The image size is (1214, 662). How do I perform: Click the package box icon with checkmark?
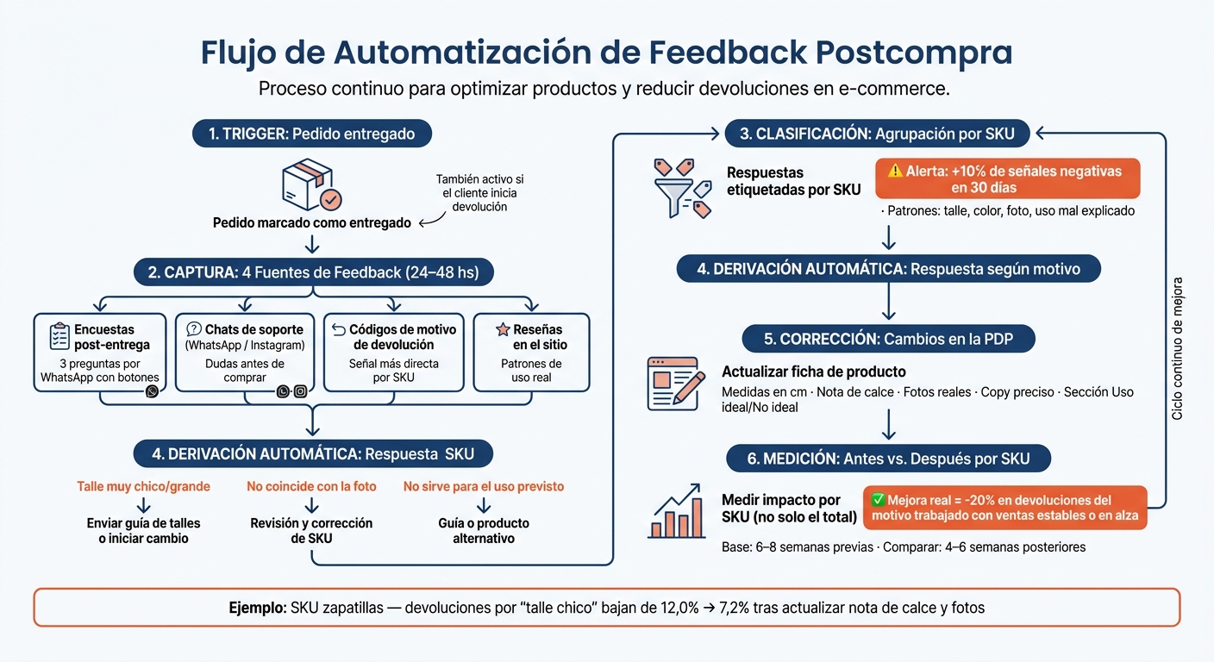311,184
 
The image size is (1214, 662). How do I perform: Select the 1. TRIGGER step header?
312,134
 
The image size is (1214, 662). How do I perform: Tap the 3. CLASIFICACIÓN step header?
877,134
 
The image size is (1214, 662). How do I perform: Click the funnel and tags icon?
683,188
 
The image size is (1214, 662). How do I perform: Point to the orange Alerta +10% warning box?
1008,178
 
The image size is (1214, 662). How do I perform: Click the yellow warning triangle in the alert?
895,172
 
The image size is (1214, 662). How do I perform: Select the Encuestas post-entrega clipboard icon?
59,336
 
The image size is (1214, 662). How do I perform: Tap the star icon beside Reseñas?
503,328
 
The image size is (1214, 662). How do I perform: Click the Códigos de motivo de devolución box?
393,353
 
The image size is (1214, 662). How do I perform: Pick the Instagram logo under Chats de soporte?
301,391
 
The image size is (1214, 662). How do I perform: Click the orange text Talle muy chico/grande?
144,486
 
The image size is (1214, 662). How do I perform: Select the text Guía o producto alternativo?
484,531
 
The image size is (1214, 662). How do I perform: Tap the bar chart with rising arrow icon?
677,511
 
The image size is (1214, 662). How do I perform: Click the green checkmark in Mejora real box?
878,499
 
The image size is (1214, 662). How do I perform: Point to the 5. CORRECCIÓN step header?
888,339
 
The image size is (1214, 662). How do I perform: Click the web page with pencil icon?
676,384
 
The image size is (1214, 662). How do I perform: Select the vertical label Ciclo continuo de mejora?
1177,349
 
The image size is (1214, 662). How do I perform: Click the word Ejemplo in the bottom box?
258,608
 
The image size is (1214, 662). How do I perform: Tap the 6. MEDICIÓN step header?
888,459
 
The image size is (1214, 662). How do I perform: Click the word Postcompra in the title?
914,53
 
